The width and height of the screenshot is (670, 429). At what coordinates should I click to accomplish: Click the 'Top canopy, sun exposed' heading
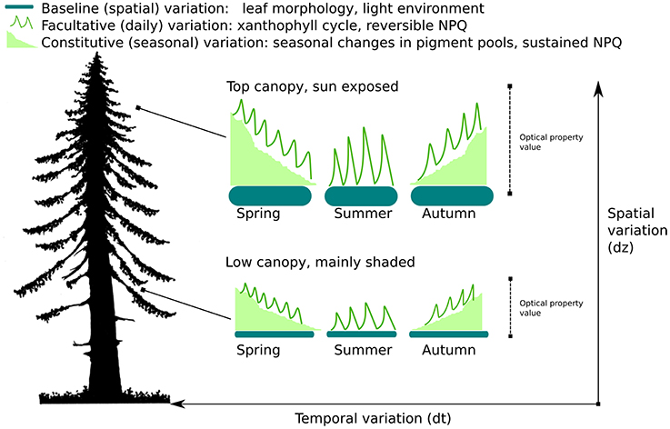306,86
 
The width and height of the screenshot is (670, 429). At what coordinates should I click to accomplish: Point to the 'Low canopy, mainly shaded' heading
320,263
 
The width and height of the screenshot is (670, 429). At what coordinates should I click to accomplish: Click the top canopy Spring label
258,214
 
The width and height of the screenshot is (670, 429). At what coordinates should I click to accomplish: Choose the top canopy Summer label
361,214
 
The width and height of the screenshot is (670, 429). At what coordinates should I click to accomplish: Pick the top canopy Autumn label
450,214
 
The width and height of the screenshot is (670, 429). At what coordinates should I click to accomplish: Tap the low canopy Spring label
258,348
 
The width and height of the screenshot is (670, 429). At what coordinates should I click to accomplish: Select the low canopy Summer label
361,348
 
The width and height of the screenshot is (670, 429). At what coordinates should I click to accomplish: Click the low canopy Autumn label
450,348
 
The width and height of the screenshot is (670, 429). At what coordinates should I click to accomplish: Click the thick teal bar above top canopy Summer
361,196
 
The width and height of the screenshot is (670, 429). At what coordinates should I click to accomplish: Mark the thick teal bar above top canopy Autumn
452,196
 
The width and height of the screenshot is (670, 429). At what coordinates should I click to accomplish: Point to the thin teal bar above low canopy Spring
275,334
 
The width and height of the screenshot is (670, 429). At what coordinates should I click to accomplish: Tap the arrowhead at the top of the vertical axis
598,85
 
